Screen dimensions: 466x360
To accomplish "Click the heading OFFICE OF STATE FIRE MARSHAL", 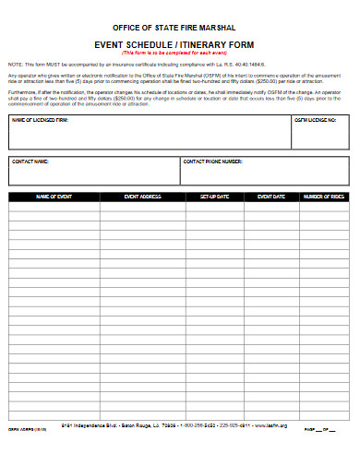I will pyautogui.click(x=179, y=29).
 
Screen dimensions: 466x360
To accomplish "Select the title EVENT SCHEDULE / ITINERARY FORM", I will pyautogui.click(x=179, y=44).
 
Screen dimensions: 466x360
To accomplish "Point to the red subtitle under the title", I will pyautogui.click(x=179, y=53).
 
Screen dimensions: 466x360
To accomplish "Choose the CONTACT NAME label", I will pyautogui.click(x=30, y=161).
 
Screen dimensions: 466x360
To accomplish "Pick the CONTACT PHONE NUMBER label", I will pyautogui.click(x=212, y=161).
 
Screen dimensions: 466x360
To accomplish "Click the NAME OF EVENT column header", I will pyautogui.click(x=54, y=197).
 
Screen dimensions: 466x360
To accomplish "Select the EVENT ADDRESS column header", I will pyautogui.click(x=142, y=197).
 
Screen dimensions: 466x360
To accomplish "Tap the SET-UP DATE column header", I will pyautogui.click(x=214, y=197).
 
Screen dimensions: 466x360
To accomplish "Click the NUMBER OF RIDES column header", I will pyautogui.click(x=324, y=197).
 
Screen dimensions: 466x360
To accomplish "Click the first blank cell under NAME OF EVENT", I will pyautogui.click(x=54, y=207).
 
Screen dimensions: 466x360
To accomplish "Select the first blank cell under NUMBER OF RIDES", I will pyautogui.click(x=324, y=207).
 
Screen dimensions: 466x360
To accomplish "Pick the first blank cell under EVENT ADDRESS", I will pyautogui.click(x=142, y=207).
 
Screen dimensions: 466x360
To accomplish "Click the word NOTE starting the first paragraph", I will pyautogui.click(x=15, y=63).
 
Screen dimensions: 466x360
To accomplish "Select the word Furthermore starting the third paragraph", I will pyautogui.click(x=24, y=92).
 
